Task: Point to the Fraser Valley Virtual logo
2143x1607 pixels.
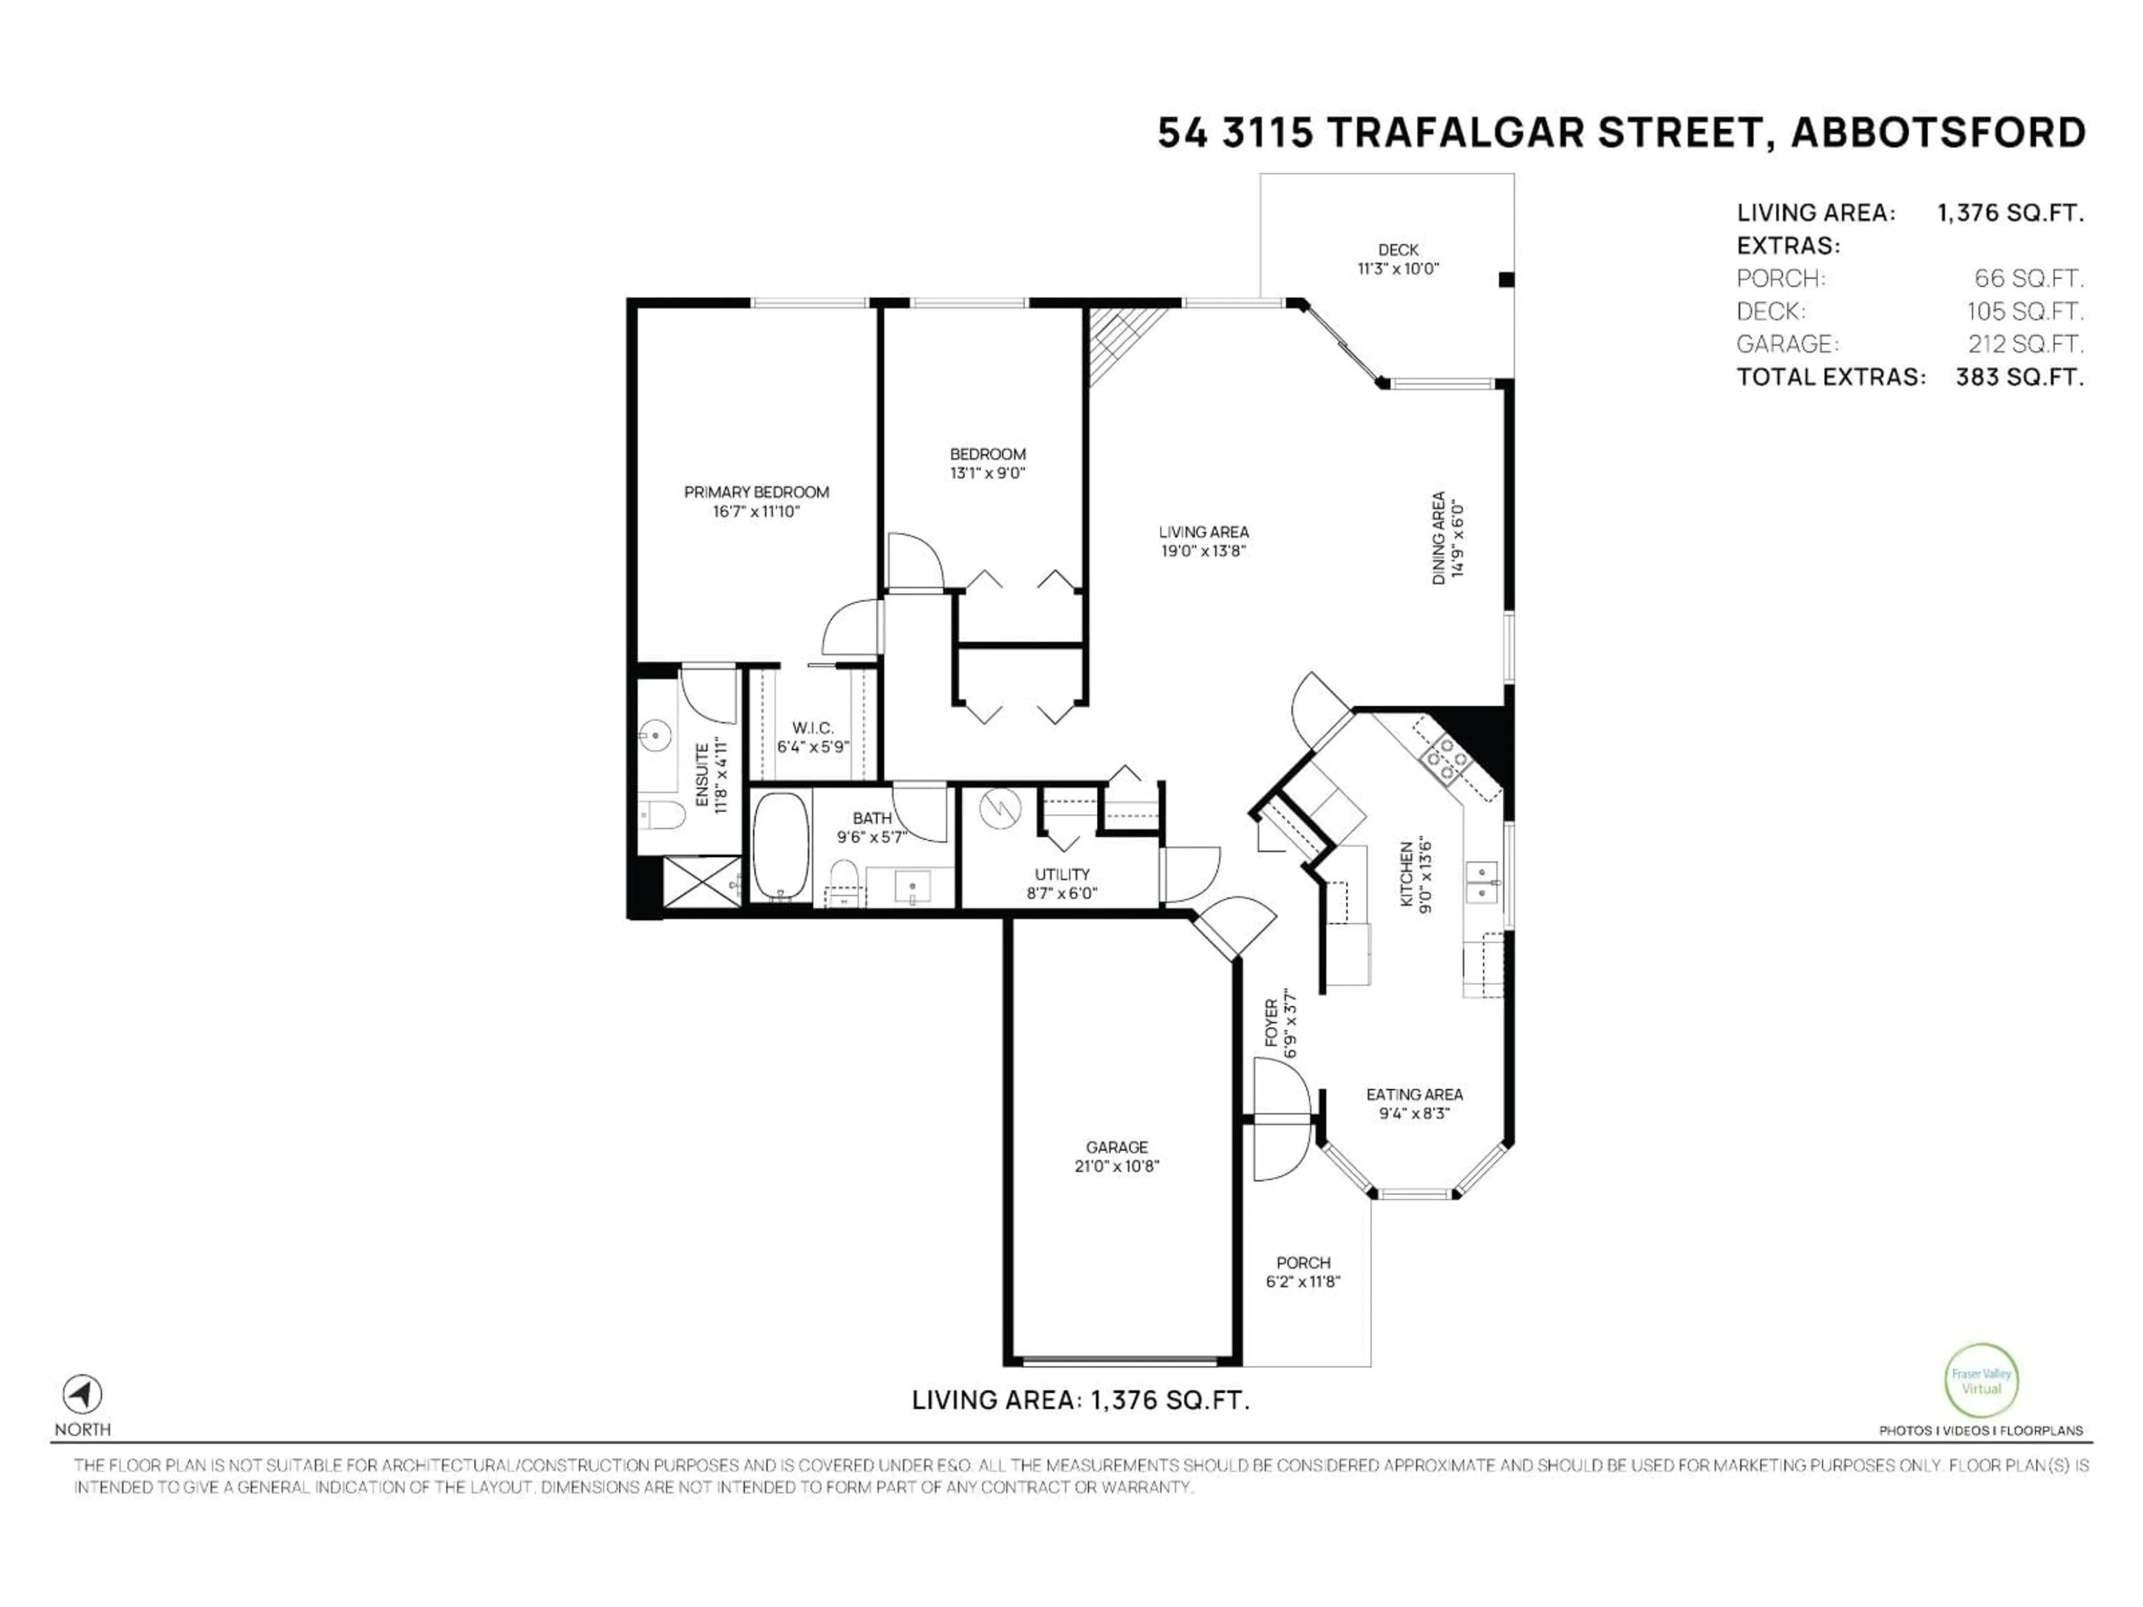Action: coord(1981,1382)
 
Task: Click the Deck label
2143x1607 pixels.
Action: coord(1398,250)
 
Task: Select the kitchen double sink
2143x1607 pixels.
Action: coord(1482,882)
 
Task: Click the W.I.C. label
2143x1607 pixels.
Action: coord(812,728)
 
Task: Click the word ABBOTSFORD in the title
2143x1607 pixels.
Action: coord(1938,133)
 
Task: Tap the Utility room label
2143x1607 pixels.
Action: coord(1062,874)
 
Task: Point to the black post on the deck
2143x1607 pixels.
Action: coord(1506,280)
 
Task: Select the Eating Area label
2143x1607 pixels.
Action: coord(1414,1095)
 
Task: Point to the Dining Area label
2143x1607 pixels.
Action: coord(1439,537)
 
